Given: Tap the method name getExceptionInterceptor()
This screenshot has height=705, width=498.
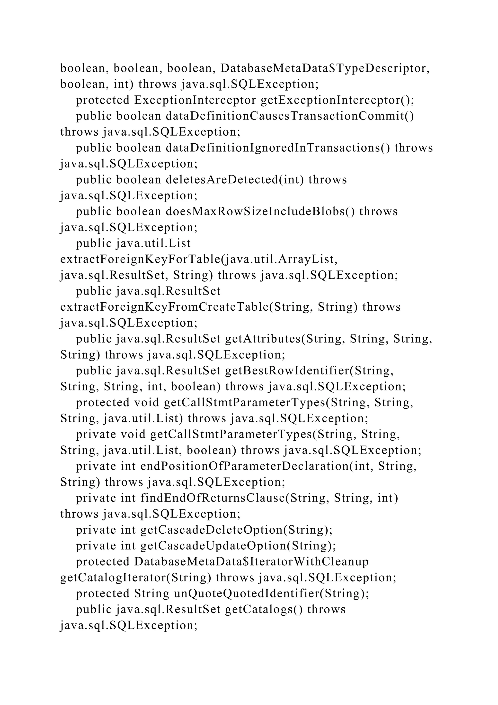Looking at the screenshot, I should [x=337, y=100].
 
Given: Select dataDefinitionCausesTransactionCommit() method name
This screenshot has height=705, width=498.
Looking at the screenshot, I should [x=290, y=116].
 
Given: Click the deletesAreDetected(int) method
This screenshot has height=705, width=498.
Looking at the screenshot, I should [x=235, y=180].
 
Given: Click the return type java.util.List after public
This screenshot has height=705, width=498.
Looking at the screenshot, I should [x=153, y=243].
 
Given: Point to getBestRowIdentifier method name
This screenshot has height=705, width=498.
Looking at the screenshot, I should [x=287, y=371].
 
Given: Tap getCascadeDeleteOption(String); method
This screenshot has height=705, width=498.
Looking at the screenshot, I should [x=236, y=530].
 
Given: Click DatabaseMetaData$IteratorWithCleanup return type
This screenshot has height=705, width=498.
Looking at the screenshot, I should [x=251, y=562].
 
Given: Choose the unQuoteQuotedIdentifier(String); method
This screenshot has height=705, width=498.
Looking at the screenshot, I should [x=271, y=594].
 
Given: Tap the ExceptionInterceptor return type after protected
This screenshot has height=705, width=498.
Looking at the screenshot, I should [x=195, y=100].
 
